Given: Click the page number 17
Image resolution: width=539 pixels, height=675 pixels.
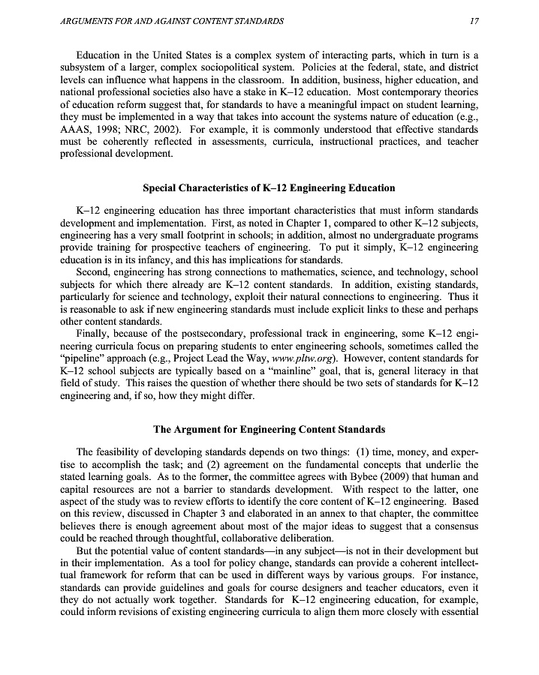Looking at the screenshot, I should pos(474,21).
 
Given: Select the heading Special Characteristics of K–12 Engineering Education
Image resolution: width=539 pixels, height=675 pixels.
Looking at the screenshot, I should pos(269,187).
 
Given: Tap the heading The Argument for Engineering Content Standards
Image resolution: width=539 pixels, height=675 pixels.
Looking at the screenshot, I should pos(269,430).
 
